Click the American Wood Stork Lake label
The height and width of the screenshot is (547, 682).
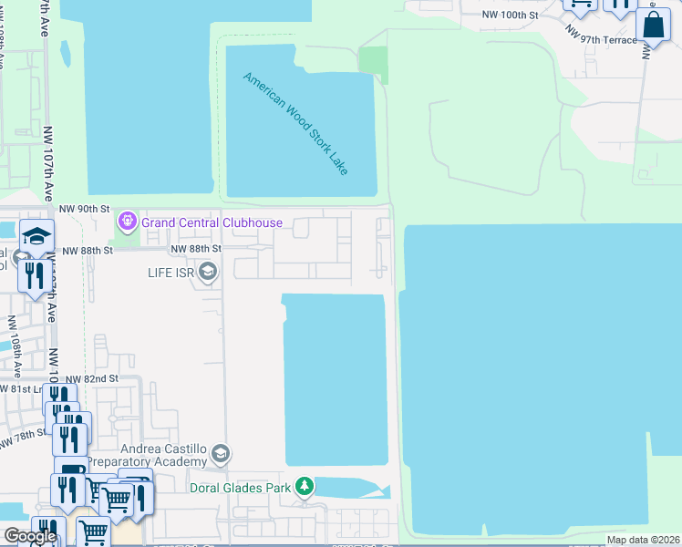296,123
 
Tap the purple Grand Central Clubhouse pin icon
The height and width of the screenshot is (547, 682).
127,221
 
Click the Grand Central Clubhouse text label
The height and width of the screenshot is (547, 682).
212,223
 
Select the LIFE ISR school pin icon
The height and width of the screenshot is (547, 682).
208,272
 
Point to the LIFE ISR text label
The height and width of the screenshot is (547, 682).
173,273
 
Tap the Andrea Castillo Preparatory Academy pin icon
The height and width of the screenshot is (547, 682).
220,453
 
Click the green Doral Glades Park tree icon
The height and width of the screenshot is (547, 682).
306,487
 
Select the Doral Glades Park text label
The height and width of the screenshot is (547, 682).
241,488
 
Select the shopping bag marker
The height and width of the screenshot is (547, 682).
654,26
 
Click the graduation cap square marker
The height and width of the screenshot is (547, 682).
36,237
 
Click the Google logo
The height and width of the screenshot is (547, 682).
31,536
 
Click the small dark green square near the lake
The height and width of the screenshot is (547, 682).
373,64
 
